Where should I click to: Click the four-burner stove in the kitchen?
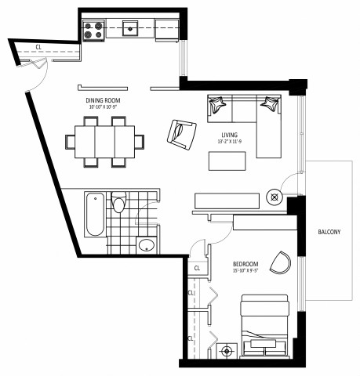tap(94, 30)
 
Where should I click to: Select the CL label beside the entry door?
tap(38, 47)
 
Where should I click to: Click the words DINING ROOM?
tap(103, 100)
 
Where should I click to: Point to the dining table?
tap(105, 142)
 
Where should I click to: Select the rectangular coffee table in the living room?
tap(227, 160)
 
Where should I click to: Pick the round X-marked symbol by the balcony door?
tap(275, 197)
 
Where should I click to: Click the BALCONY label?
tap(329, 231)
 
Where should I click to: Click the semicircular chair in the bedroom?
tap(280, 261)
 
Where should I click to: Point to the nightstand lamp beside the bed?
tap(227, 351)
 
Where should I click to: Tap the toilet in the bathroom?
tap(118, 203)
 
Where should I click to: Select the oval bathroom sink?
tap(146, 247)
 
